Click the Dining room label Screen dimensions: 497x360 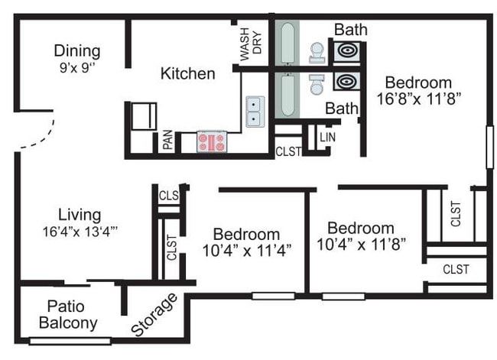pyautogui.click(x=77, y=51)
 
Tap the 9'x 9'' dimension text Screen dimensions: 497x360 pyautogui.click(x=77, y=67)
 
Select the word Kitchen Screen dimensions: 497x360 pyautogui.click(x=188, y=73)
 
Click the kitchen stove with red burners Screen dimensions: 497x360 pyautogui.click(x=211, y=141)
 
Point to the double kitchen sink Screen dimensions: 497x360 pyautogui.click(x=255, y=112)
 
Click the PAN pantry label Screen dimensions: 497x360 pyautogui.click(x=168, y=139)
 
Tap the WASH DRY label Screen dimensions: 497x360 pyautogui.click(x=251, y=44)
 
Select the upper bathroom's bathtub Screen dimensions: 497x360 pyautogui.click(x=287, y=43)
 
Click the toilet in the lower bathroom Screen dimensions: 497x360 pyautogui.click(x=317, y=85)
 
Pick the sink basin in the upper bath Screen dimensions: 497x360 pyautogui.click(x=347, y=50)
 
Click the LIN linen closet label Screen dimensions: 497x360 pyautogui.click(x=327, y=138)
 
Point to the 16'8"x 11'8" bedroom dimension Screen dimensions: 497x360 pyautogui.click(x=418, y=99)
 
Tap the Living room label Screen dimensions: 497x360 pyautogui.click(x=80, y=215)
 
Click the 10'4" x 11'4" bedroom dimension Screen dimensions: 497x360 pyautogui.click(x=247, y=251)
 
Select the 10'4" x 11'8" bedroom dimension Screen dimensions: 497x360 pyautogui.click(x=361, y=244)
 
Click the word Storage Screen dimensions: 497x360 pyautogui.click(x=154, y=315)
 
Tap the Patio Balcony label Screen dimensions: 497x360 pyautogui.click(x=68, y=315)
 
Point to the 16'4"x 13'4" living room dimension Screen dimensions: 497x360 pyautogui.click(x=80, y=232)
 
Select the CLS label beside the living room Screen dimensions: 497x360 pyautogui.click(x=169, y=196)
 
